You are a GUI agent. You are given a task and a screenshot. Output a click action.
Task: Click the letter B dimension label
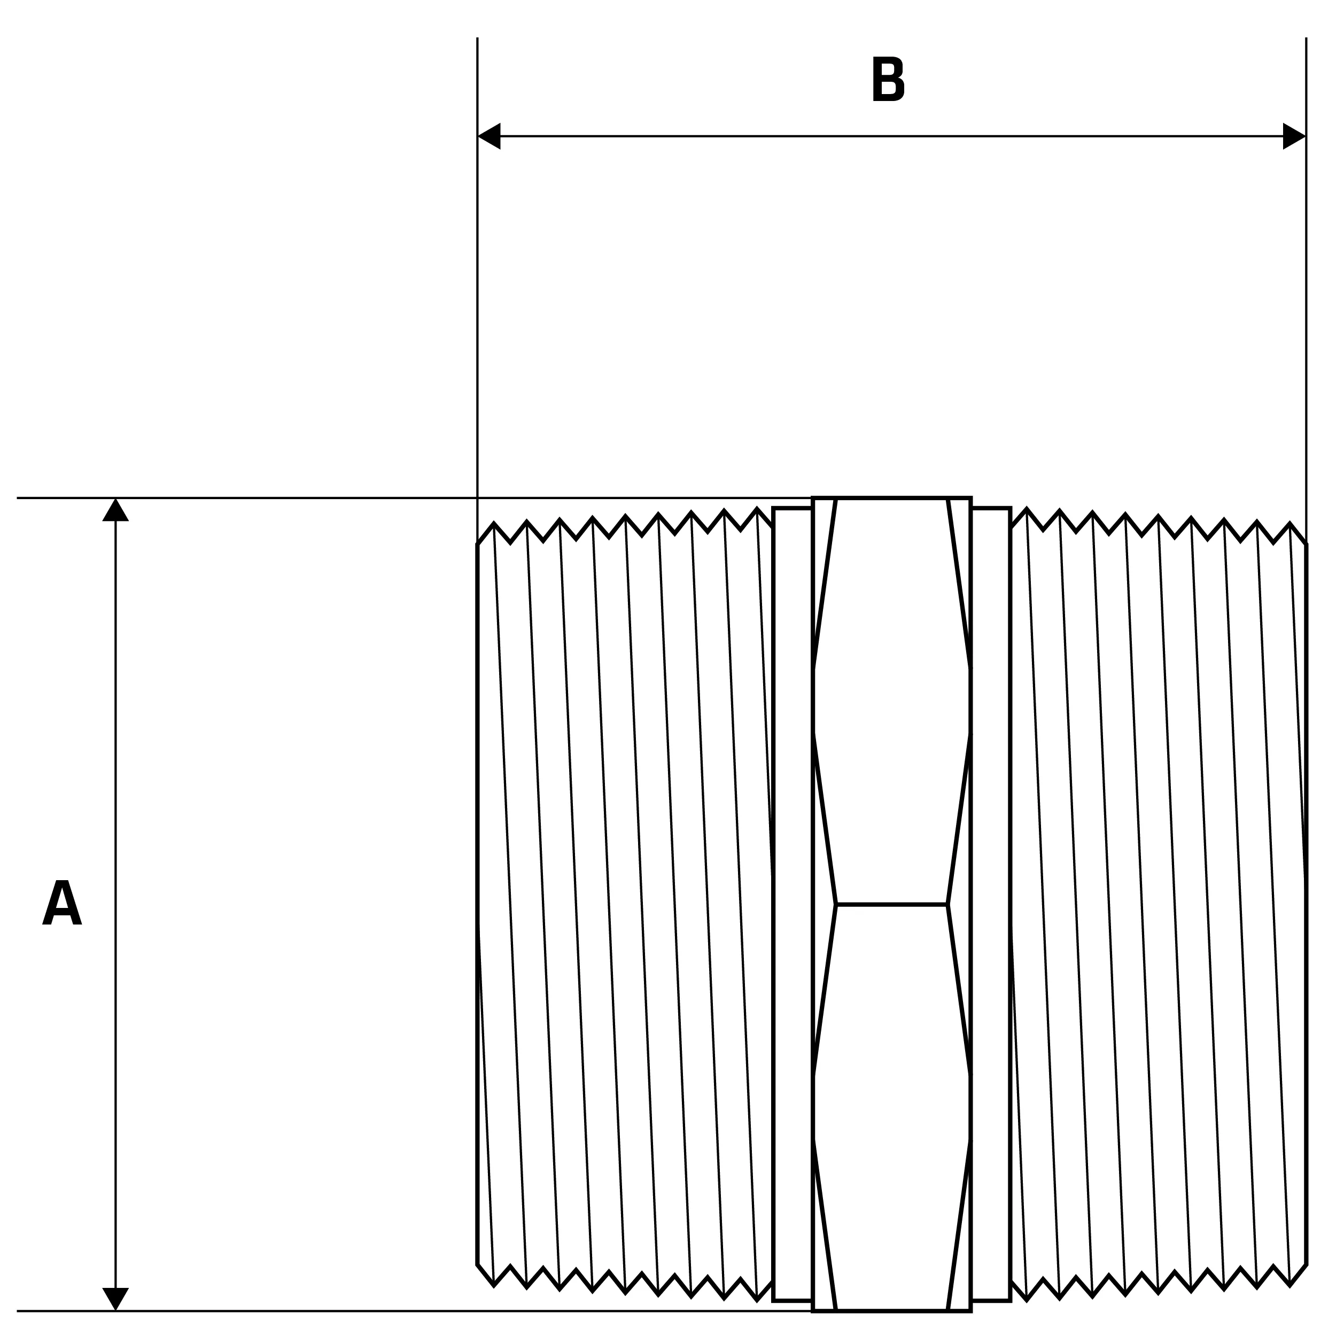(x=888, y=80)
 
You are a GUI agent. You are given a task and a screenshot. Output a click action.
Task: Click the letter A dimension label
(x=62, y=903)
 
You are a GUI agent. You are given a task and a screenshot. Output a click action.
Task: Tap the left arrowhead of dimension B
(x=489, y=136)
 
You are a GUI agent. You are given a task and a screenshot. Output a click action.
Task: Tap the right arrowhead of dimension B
(x=1294, y=136)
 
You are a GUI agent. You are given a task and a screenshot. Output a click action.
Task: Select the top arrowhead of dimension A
(x=115, y=510)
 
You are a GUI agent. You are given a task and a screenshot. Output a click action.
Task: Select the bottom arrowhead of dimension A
(x=115, y=1298)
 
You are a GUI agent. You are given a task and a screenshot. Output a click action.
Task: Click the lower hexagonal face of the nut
(x=892, y=1106)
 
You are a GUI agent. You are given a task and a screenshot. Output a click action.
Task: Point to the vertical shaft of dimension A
(x=115, y=904)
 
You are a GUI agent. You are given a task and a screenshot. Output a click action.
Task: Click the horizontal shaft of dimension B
(x=891, y=136)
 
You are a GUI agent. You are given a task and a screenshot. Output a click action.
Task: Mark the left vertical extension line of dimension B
(x=477, y=290)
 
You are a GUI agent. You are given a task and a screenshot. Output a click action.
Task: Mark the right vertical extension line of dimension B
(x=1306, y=290)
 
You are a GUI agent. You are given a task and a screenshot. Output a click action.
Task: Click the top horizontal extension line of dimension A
(x=415, y=498)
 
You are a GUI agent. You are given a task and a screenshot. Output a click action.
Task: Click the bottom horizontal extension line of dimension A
(x=415, y=1310)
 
